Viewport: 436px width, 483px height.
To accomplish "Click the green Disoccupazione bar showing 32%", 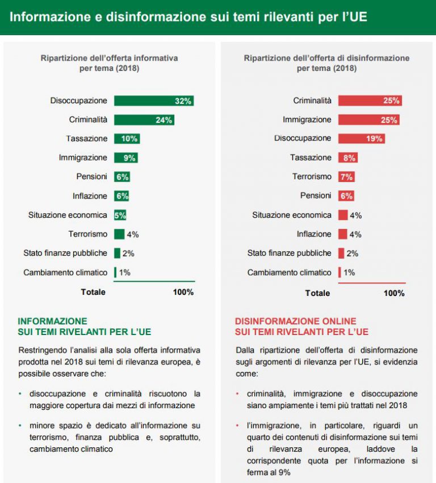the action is (x=154, y=101).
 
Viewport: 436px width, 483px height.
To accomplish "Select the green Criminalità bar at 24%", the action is (x=144, y=120).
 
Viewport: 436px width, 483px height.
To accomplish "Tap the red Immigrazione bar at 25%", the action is (x=369, y=120).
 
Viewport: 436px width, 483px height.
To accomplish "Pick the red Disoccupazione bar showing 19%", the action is (x=361, y=139).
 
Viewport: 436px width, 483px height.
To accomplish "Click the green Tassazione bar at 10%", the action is (x=127, y=139).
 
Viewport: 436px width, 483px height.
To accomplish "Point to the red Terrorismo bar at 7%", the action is (x=346, y=177).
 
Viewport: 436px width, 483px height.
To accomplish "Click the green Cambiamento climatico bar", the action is (x=115, y=272).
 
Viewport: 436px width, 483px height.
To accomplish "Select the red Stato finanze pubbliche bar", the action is (x=341, y=253).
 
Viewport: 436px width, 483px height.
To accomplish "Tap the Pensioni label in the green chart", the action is (x=91, y=176).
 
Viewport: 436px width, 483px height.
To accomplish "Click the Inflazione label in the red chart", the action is (x=314, y=234).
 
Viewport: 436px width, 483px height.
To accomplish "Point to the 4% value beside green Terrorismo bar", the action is (x=133, y=235).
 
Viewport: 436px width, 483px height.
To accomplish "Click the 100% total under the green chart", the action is (x=183, y=292).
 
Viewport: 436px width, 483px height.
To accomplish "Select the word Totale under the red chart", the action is (x=317, y=293).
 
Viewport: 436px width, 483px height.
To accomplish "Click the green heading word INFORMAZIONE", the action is (x=52, y=321).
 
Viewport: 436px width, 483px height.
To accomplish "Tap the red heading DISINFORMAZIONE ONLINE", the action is (x=296, y=321).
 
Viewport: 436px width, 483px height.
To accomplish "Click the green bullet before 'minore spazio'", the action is (x=20, y=425).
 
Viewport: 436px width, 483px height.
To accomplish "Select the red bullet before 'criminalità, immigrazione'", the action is (x=237, y=393).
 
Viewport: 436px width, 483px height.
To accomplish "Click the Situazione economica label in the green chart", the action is (x=68, y=215).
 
